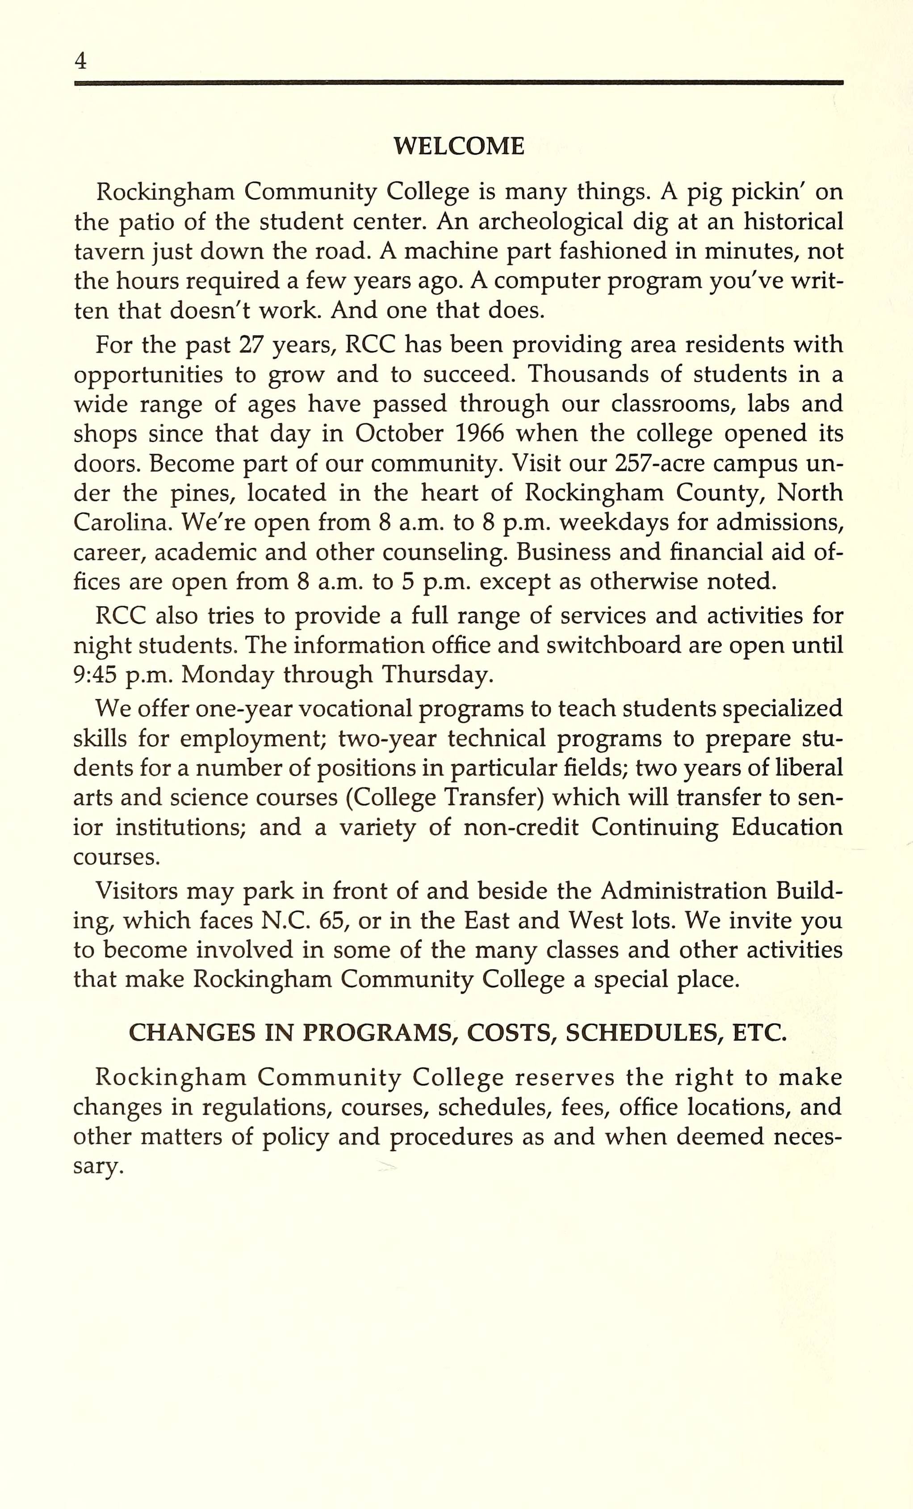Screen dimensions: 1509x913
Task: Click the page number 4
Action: click(80, 61)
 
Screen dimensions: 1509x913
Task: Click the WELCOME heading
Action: click(458, 146)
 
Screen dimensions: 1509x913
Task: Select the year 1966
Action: click(480, 434)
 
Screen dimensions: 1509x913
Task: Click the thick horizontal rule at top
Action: click(458, 82)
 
